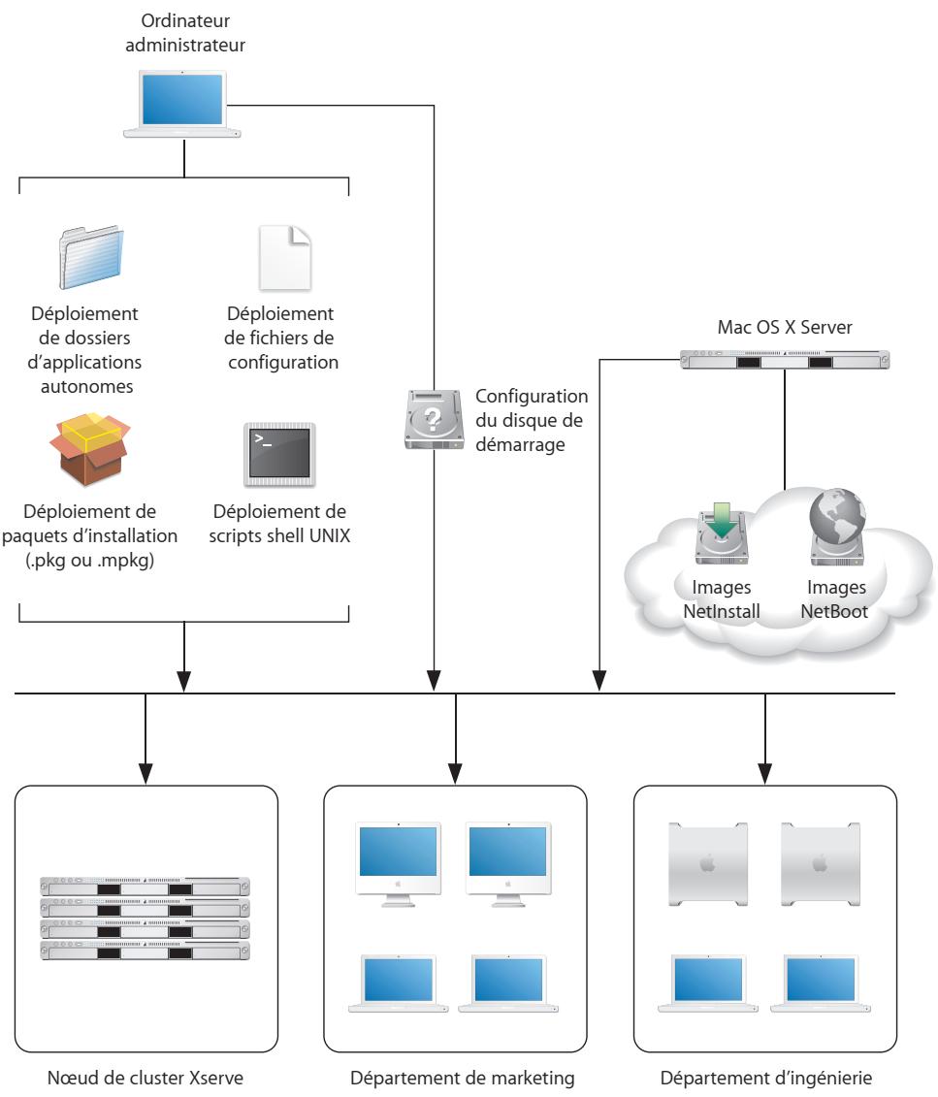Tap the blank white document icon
(284, 259)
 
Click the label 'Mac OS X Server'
(785, 329)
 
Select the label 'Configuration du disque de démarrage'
(534, 419)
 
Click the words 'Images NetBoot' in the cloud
(837, 598)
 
